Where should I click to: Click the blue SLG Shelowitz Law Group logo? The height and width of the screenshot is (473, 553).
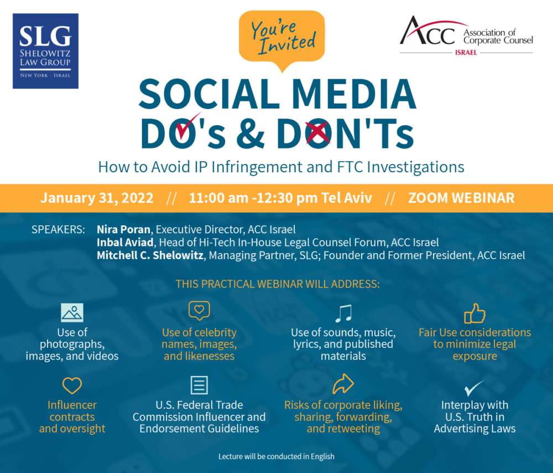(x=45, y=51)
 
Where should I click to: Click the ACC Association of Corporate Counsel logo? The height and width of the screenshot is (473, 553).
(x=466, y=35)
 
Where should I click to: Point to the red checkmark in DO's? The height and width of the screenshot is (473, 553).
(x=188, y=125)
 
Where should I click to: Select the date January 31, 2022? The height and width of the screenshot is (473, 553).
(x=97, y=198)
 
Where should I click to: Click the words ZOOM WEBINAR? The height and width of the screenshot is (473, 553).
(x=461, y=198)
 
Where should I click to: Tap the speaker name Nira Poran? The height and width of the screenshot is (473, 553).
(x=123, y=230)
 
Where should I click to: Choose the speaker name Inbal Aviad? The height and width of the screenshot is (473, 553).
(x=125, y=243)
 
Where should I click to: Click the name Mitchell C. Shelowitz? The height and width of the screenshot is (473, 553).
(x=150, y=255)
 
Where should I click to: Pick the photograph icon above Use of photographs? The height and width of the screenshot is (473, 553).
(x=72, y=312)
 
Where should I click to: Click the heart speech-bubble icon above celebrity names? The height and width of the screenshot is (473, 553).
(x=199, y=311)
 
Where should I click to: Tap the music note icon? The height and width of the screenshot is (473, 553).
(x=343, y=313)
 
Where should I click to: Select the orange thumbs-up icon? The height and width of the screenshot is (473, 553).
(x=474, y=313)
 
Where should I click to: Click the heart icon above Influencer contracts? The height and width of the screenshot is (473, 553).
(x=72, y=385)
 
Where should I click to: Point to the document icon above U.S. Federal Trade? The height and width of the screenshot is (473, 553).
(x=199, y=385)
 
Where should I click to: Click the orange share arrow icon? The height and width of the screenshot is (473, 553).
(x=343, y=384)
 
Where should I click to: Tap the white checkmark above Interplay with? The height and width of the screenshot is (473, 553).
(x=474, y=388)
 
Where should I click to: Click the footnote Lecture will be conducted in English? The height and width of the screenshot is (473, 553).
(x=276, y=456)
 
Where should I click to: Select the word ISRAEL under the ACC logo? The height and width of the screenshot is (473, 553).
(x=466, y=53)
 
